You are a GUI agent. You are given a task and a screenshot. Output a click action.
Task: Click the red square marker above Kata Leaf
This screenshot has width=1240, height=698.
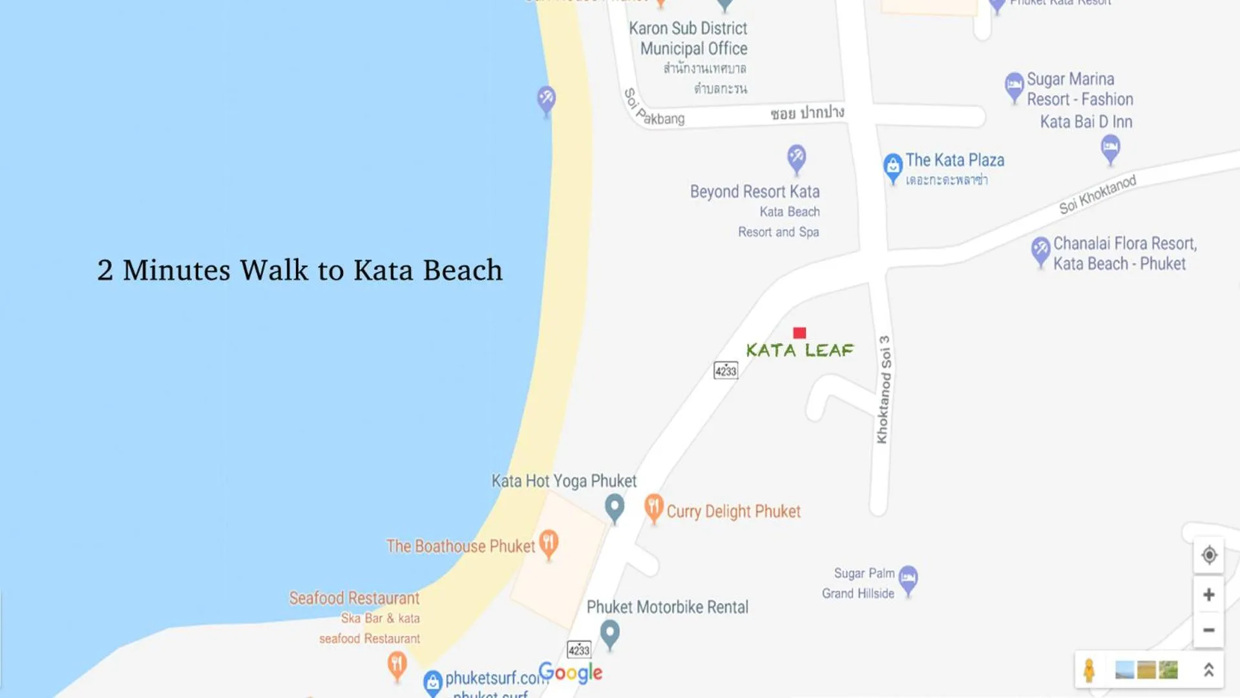(799, 333)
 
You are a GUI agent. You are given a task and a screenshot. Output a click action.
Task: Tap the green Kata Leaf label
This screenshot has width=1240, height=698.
(800, 350)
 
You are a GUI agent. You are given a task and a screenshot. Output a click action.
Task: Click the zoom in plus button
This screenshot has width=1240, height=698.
(1208, 595)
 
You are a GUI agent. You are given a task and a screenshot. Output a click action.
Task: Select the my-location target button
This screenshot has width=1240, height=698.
(1208, 555)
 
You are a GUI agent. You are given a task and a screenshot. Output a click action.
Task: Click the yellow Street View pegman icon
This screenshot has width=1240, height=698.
(1089, 670)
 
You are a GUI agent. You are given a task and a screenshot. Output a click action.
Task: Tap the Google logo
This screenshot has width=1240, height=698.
(570, 673)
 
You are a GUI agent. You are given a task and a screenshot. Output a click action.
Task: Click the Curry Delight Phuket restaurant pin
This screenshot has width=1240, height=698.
(653, 508)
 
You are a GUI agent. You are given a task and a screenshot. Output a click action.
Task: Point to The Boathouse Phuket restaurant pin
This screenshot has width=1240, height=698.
(549, 544)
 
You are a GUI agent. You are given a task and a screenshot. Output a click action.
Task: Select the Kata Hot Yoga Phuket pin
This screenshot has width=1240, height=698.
(615, 507)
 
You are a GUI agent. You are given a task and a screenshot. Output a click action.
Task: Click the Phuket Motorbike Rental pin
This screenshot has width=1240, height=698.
(609, 633)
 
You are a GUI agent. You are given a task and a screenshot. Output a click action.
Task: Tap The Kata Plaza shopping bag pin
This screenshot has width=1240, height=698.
(892, 167)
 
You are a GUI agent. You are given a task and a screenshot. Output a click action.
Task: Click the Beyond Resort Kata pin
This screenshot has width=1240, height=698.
(796, 157)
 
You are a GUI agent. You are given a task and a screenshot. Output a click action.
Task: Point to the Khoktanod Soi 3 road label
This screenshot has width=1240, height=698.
(883, 389)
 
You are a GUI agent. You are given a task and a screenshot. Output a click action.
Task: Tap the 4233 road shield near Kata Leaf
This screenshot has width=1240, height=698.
(725, 370)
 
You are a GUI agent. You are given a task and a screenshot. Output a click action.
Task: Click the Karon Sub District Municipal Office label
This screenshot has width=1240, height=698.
(689, 38)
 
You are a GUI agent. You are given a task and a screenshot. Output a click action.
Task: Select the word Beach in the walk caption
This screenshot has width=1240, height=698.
(462, 270)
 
